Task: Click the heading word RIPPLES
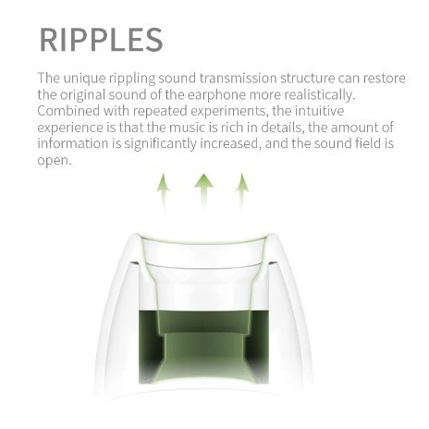(101, 40)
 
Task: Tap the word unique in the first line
(84, 79)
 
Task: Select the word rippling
(132, 79)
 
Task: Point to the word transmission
(238, 79)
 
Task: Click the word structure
(308, 79)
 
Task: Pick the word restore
(384, 79)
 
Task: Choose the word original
(80, 95)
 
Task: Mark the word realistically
(320, 95)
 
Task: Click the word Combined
(68, 111)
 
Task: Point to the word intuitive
(319, 111)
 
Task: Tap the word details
(282, 128)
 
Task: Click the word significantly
(160, 144)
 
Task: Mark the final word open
(55, 160)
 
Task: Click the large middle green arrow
(203, 192)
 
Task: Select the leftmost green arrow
(164, 193)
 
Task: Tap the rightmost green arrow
(242, 193)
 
